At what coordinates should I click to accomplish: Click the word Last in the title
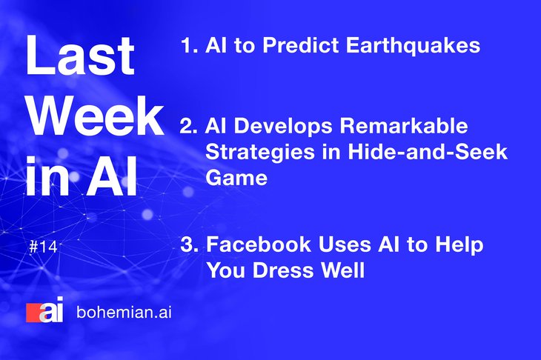click(80, 55)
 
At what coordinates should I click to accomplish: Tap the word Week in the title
click(95, 116)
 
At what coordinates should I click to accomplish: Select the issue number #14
click(43, 247)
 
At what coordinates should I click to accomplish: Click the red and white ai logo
click(44, 310)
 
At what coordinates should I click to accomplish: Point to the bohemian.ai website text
click(124, 312)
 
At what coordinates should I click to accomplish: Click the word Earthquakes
click(413, 45)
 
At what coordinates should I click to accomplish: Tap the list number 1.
click(189, 45)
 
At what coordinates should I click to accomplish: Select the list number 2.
click(188, 126)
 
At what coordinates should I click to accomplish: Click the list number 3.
click(190, 245)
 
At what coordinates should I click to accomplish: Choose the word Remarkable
click(404, 125)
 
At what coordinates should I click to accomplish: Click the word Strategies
click(260, 152)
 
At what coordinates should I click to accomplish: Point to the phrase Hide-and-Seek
click(428, 151)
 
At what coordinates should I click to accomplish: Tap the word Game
click(236, 178)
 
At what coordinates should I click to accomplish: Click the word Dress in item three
click(284, 270)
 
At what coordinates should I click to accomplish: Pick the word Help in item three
click(459, 245)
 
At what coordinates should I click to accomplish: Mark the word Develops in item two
click(284, 127)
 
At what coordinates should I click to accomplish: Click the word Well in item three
click(343, 270)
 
